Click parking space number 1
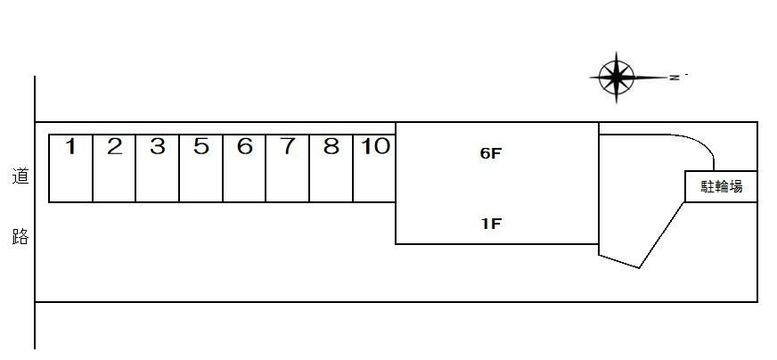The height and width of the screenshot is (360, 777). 71,168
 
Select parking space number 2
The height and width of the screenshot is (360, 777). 114,168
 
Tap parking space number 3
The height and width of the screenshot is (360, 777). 157,168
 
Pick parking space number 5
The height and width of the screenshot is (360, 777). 200,168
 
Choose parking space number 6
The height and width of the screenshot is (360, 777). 244,168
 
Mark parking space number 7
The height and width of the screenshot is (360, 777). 288,168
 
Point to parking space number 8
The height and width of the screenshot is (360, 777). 331,168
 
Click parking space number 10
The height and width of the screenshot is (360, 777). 374,168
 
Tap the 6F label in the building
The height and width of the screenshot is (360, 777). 491,154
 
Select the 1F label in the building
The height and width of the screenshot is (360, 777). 491,225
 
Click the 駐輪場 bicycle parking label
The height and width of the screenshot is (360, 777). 722,186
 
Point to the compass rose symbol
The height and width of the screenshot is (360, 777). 616,78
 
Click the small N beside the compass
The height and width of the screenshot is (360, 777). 675,78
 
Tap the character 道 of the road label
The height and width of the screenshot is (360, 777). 20,176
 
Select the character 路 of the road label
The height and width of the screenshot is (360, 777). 20,237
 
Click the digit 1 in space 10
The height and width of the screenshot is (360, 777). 365,147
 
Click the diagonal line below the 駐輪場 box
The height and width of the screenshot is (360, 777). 662,235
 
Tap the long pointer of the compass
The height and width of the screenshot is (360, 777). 650,78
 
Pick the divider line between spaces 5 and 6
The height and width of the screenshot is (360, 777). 223,168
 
